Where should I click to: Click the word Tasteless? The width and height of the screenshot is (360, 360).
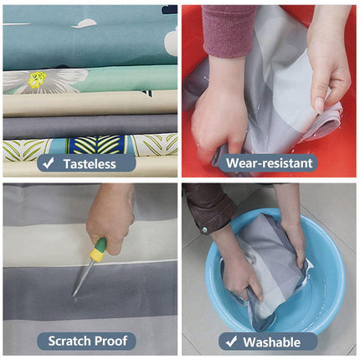point(90,164)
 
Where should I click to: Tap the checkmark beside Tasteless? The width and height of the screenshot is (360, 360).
point(49,163)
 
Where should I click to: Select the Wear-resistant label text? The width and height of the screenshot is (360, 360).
point(270,163)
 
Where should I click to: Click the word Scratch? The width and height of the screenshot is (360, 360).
point(69,341)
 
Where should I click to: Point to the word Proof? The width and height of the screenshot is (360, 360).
point(111,341)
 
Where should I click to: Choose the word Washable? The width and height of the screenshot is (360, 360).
point(272,342)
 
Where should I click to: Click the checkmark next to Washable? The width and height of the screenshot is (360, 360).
point(232,342)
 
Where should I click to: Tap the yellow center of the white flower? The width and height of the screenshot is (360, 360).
point(37,79)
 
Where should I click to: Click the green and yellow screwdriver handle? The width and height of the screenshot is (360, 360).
point(98,249)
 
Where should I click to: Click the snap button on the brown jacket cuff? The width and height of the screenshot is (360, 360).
point(205,229)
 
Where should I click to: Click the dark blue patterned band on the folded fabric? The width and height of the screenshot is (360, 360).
point(96,145)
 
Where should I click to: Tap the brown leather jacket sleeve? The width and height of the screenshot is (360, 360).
point(208,206)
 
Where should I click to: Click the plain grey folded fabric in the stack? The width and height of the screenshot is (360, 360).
point(90,126)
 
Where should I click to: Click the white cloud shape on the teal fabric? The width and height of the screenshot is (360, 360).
point(85,23)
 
